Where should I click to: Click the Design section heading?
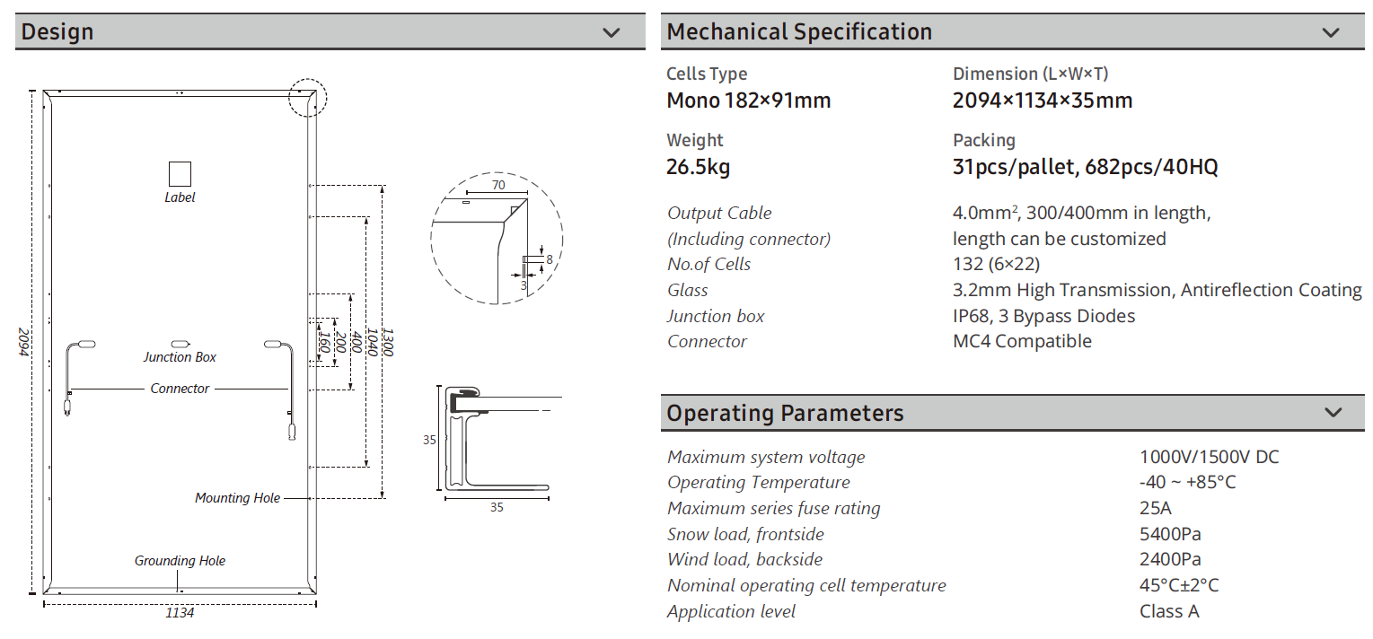click(57, 31)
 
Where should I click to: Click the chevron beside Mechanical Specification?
click(1331, 32)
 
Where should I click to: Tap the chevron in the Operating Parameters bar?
click(1333, 412)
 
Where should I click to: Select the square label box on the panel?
click(180, 174)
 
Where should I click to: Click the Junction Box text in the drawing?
click(180, 357)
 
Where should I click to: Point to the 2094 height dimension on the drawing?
click(23, 342)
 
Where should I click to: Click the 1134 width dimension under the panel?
click(180, 613)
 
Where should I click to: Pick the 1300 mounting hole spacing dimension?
click(387, 342)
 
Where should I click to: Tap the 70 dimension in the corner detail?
click(498, 185)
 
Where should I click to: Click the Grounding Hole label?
click(180, 561)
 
